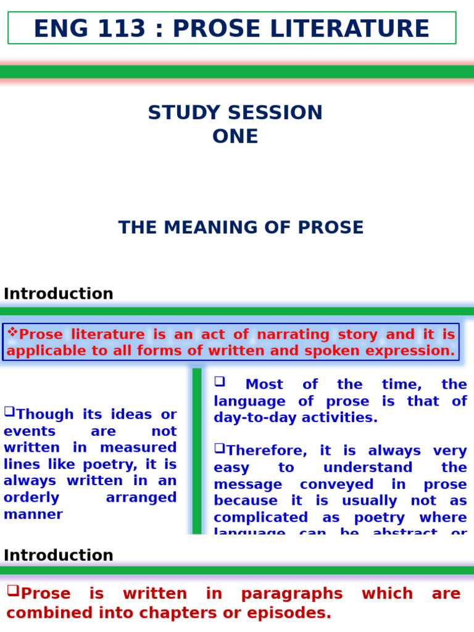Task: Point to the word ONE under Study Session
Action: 235,136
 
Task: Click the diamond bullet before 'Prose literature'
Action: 12,333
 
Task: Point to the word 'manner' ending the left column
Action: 33,514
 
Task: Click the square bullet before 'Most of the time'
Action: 219,381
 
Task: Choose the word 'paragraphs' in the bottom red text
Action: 292,594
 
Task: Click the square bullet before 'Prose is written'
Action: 13,591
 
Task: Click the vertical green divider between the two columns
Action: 197,451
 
